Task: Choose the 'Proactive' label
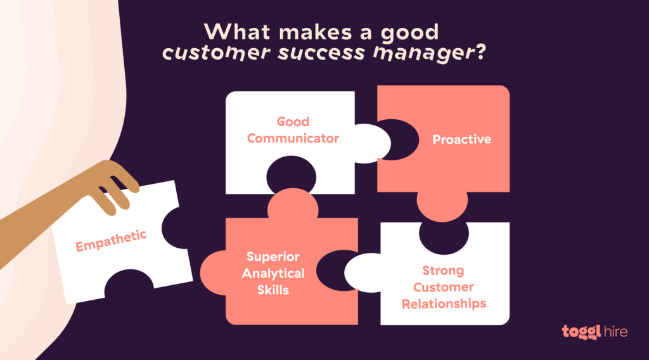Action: click(x=461, y=139)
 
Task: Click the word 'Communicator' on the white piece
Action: click(x=293, y=138)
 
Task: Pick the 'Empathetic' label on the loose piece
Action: click(x=112, y=241)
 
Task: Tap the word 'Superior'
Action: click(x=273, y=257)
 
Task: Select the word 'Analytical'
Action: click(x=273, y=274)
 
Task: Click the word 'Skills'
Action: click(x=273, y=290)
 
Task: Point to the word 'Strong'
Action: click(x=443, y=271)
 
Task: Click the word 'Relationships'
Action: click(x=443, y=304)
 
